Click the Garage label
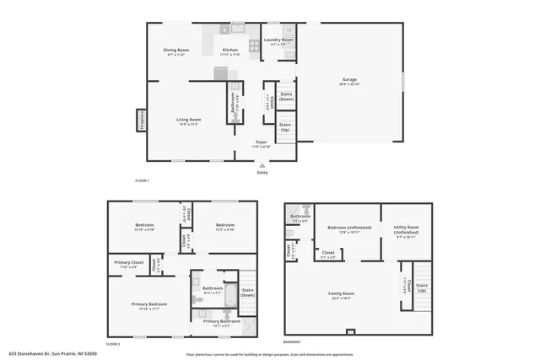tap(349, 81)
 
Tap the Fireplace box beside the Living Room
tap(142, 121)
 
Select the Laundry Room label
tap(278, 40)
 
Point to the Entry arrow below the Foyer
tap(262, 166)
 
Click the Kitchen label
tap(229, 51)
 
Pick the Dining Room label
tap(175, 51)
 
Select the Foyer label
tap(262, 143)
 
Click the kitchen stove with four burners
tap(253, 46)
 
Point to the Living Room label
tap(188, 121)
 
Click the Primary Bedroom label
tap(145, 305)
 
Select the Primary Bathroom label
tap(222, 322)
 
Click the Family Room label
tap(341, 294)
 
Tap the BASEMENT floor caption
tap(291, 342)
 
